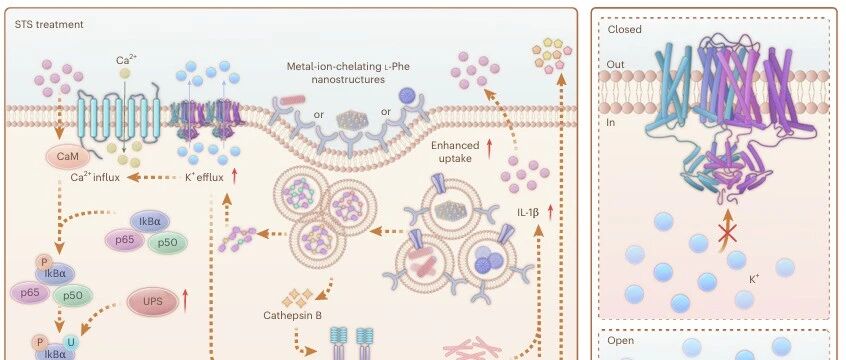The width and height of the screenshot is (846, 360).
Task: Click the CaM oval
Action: click(67, 157)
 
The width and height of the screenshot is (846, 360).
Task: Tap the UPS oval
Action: click(153, 302)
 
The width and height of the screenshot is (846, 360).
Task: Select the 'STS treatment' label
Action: click(49, 24)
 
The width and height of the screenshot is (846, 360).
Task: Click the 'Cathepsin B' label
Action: click(292, 315)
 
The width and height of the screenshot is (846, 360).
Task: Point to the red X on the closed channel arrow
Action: click(728, 234)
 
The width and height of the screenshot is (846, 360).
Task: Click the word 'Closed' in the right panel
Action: click(624, 30)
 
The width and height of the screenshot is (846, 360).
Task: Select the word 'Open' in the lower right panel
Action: click(621, 341)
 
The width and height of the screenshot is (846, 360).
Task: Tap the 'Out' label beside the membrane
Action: click(616, 64)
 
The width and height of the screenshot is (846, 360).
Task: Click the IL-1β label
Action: click(528, 213)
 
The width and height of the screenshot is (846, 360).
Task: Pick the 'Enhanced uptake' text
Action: click(455, 152)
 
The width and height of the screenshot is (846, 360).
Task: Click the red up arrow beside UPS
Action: click(186, 301)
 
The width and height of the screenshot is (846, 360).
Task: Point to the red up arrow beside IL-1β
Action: click(550, 212)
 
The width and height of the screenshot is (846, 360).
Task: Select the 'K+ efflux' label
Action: click(204, 176)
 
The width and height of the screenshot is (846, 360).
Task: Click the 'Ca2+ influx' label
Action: click(95, 177)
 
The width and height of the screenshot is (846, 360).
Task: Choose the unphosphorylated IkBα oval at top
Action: click(150, 221)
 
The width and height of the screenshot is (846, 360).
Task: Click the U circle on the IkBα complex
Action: click(70, 342)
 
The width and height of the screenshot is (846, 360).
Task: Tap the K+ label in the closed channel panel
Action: click(754, 280)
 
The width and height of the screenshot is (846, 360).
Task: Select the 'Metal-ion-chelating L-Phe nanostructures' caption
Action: click(348, 73)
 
